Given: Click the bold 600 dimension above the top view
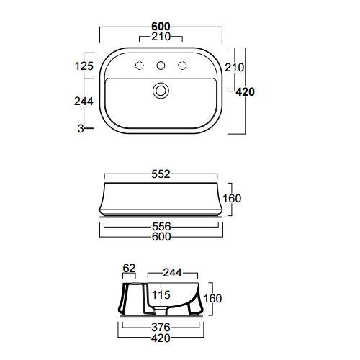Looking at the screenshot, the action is pos(161,26).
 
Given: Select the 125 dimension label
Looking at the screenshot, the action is pos(84,66).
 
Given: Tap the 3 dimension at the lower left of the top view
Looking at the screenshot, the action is pos(81,129).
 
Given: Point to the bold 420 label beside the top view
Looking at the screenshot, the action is pos(245,91).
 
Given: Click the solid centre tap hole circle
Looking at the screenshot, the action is pos(161,66).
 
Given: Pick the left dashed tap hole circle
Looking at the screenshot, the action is pos(140,66).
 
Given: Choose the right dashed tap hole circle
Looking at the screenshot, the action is pos(182,66).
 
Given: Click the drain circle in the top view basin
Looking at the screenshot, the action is pos(161,91).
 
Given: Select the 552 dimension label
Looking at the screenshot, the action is pos(161,174).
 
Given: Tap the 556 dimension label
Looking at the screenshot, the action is pos(161,226).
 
